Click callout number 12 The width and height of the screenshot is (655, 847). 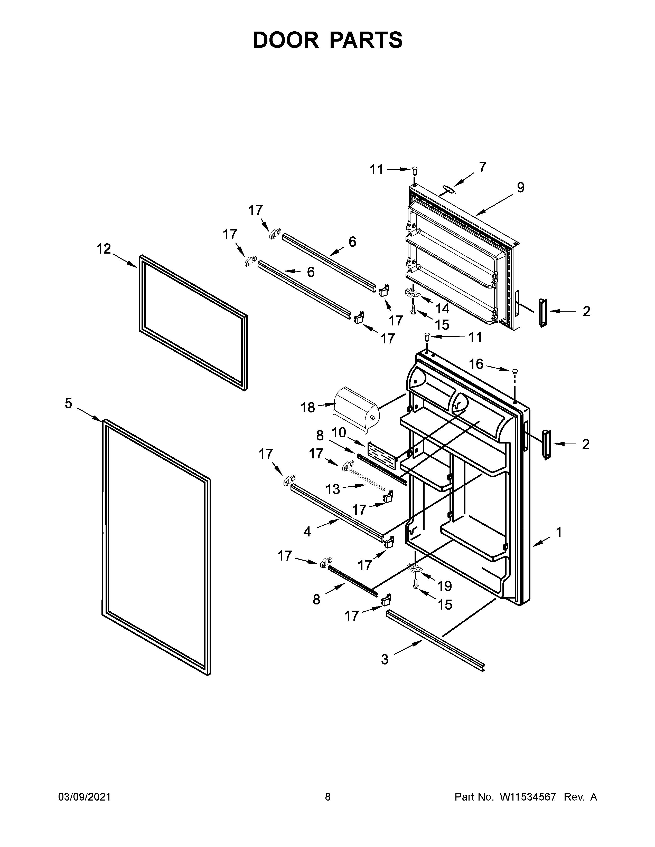[104, 249]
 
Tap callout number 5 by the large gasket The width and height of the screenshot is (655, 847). [68, 403]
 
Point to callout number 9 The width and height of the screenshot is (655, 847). [520, 187]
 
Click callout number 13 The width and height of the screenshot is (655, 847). [333, 489]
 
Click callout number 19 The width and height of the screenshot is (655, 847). [445, 586]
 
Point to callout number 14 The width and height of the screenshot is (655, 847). [442, 308]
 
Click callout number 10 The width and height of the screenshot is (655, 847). [339, 432]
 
